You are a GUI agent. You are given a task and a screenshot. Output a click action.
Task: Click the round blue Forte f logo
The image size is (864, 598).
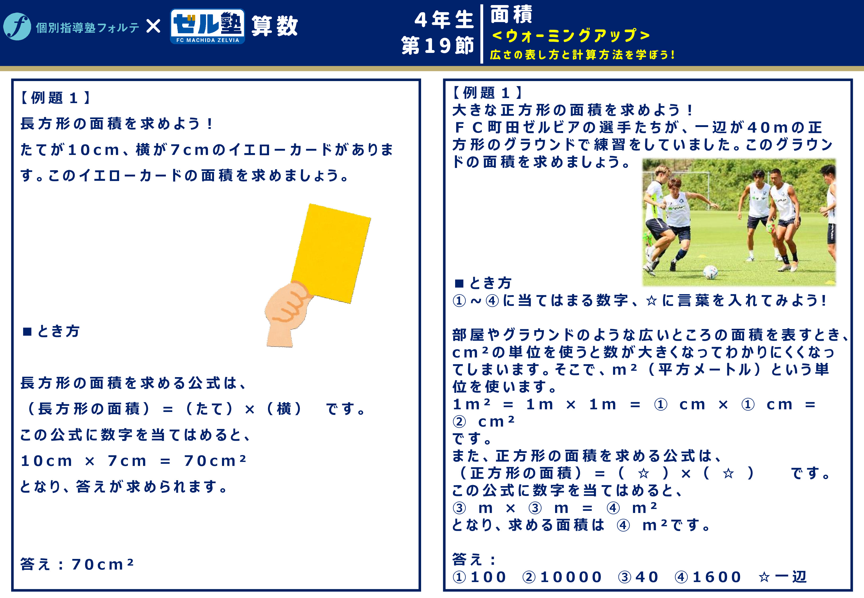pos(17,27)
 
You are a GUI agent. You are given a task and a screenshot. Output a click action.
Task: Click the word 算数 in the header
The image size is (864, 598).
pos(274,26)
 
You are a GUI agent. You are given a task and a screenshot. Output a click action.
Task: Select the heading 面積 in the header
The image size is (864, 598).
pos(511,14)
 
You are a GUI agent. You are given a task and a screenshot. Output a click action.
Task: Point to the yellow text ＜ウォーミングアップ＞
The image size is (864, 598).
pos(571,36)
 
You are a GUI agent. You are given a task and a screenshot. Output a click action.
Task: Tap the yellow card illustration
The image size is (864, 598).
pos(331,253)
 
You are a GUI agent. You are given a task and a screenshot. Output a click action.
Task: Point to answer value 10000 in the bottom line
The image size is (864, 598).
pos(571,577)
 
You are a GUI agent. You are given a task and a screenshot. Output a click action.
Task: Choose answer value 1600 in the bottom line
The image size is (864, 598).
pos(717,577)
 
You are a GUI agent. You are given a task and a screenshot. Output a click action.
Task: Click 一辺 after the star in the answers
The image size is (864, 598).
pos(791,577)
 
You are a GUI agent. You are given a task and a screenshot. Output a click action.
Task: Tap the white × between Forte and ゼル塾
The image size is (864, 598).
pos(153,26)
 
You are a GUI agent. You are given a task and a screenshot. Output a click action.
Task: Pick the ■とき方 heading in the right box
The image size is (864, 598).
pos(483,283)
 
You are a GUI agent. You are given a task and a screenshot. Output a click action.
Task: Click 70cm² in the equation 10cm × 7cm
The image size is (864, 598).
pos(215,461)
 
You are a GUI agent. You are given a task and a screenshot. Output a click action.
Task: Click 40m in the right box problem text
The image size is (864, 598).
pos(768,127)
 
